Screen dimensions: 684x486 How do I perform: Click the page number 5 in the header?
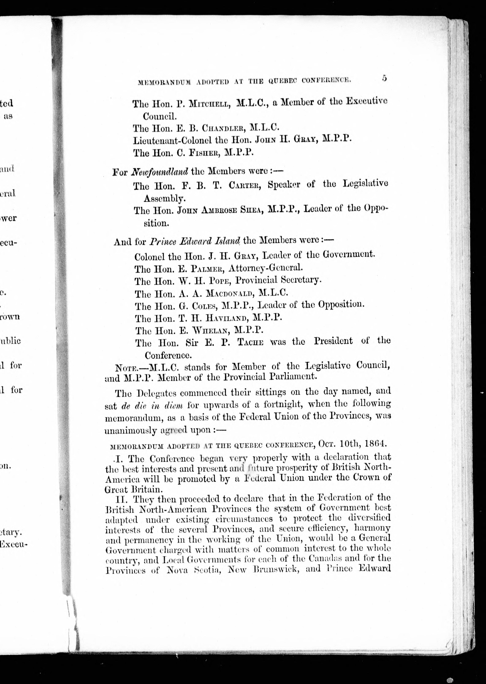(384, 78)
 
